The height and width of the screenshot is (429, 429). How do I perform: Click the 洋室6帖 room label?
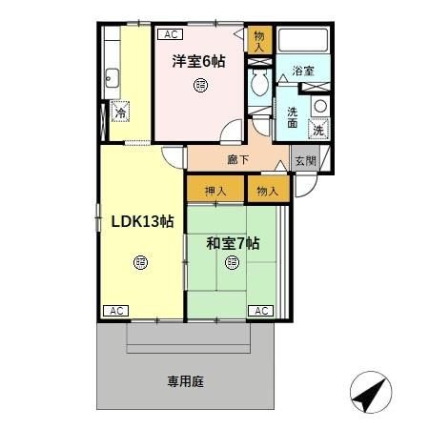click(x=198, y=62)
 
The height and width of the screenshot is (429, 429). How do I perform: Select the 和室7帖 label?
click(x=233, y=243)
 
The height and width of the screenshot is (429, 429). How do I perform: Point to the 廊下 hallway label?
click(x=237, y=159)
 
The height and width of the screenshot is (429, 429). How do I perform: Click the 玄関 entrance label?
click(x=304, y=161)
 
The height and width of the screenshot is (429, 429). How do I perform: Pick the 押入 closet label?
click(x=215, y=191)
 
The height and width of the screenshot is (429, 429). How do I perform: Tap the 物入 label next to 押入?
click(x=267, y=191)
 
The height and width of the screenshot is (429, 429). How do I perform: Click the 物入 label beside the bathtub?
click(x=259, y=41)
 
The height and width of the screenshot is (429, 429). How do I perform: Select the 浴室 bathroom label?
click(x=303, y=71)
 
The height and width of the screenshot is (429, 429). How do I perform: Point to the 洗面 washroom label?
click(x=293, y=116)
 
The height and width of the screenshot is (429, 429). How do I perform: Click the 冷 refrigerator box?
click(x=121, y=112)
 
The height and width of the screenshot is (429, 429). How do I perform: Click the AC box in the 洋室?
click(x=171, y=34)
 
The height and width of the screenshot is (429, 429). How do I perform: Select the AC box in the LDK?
click(x=115, y=311)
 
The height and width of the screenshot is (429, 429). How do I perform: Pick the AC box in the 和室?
click(x=261, y=311)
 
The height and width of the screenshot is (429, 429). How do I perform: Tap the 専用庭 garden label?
click(x=186, y=381)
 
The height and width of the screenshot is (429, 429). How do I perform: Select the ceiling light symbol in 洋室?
click(x=199, y=88)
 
